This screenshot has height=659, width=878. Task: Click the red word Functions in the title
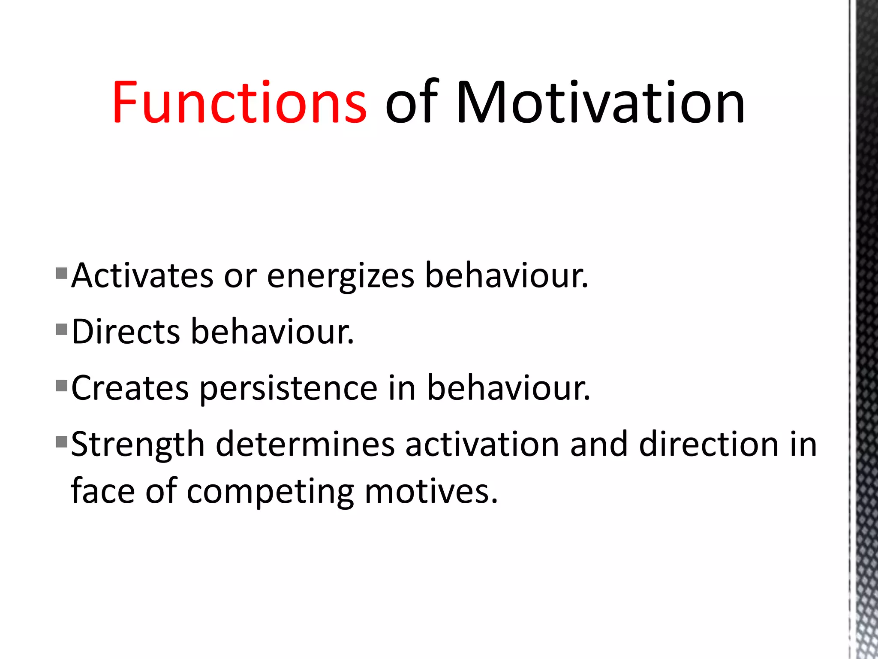click(x=239, y=103)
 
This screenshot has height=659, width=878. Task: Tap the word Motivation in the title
click(x=600, y=103)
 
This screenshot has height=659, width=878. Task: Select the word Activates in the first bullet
click(x=142, y=275)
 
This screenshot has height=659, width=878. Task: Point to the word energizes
click(x=341, y=275)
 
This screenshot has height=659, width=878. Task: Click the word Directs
click(x=126, y=332)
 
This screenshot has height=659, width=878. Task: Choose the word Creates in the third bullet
click(x=130, y=388)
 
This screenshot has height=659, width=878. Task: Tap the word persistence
click(x=289, y=388)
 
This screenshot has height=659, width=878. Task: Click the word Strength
click(x=138, y=444)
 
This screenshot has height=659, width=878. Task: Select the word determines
click(x=305, y=444)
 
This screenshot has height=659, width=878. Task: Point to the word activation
click(x=482, y=444)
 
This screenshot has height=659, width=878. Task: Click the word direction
click(x=709, y=444)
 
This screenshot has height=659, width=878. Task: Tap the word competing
click(x=271, y=492)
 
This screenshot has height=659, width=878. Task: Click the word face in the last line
click(x=103, y=492)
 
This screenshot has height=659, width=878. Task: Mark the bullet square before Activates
click(x=62, y=273)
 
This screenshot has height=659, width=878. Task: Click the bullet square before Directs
click(x=62, y=329)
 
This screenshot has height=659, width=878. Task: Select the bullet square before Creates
click(x=62, y=386)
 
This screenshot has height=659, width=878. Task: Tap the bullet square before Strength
click(x=62, y=441)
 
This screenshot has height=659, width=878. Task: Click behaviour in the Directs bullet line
click(x=272, y=332)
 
